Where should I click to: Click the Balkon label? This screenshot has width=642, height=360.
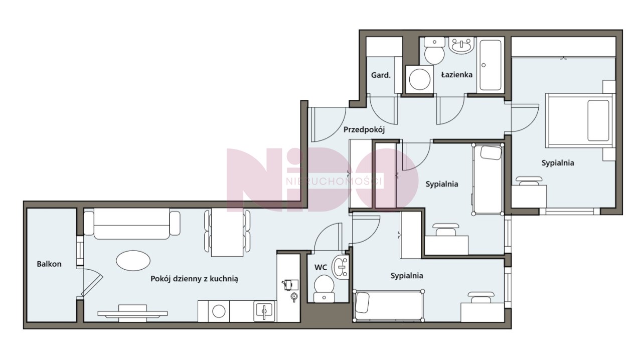pos(49,264)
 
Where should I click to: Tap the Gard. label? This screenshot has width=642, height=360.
pos(381,75)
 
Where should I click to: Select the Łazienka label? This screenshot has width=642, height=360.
pos(457,75)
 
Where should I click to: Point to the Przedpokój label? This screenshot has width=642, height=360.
pos(364,130)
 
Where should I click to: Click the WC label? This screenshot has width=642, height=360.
pos(320,267)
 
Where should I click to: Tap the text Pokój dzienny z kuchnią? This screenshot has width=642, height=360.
pos(194,279)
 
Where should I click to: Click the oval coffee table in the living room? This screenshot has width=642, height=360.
pos(133,261)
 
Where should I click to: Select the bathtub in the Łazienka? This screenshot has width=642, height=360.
pos(491,65)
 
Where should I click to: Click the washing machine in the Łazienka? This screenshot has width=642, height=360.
pos(419,79)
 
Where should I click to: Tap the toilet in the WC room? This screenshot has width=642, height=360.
pos(324,289)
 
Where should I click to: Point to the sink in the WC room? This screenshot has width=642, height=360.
pos(340,267)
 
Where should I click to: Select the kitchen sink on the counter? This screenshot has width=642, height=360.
pos(264,311)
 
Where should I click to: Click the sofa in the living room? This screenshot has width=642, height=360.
pos(132,224)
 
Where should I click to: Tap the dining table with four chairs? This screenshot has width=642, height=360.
pos(227,232)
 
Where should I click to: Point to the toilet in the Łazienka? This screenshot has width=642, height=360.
pos(434,51)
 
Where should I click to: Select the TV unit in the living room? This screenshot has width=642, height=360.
pos(132,312)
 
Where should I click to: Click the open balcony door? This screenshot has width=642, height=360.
pos(91,282)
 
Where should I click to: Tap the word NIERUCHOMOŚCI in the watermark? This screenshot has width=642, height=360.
pos(334,181)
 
